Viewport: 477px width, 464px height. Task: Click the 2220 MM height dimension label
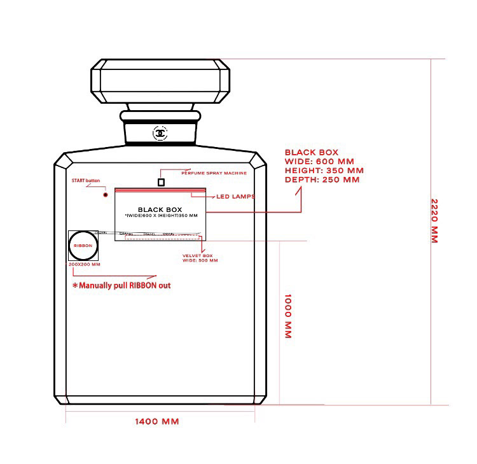[435, 221]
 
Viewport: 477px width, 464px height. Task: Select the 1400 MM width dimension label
[156, 421]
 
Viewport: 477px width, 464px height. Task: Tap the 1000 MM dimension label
[287, 316]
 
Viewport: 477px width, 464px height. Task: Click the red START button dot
[106, 195]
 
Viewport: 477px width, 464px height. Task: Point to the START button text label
[86, 181]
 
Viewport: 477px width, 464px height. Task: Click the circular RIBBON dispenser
[83, 245]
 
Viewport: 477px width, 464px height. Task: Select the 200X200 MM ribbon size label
[84, 264]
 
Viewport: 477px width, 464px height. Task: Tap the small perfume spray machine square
[161, 182]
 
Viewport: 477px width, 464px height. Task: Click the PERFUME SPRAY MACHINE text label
[214, 172]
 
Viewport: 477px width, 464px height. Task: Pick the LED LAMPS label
[235, 197]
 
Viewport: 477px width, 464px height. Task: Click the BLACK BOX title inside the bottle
[160, 209]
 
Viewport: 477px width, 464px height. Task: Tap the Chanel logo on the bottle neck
[160, 133]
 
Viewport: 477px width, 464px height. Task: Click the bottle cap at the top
[161, 81]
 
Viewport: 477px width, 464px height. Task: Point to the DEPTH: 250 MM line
[322, 179]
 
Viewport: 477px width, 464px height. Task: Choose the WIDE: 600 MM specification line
[319, 162]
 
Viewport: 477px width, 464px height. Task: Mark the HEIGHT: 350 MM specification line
[324, 171]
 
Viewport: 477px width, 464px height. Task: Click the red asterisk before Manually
[74, 286]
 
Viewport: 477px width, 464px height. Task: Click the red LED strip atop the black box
[160, 189]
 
